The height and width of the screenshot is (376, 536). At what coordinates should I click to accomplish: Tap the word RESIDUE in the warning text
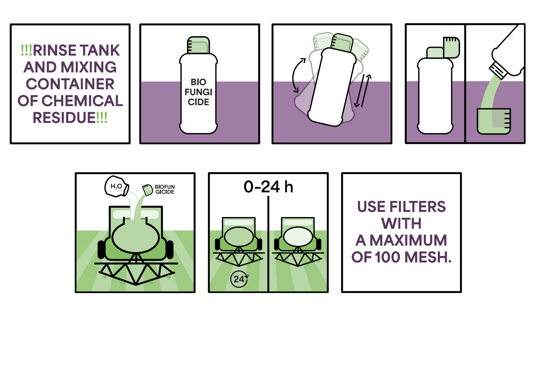tap(64, 118)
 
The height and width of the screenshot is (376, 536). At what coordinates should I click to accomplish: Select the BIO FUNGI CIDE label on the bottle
tap(198, 92)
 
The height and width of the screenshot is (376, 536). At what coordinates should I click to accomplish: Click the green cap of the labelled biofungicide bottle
tap(198, 45)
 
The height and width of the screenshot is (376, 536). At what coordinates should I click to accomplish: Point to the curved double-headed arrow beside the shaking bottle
tap(297, 75)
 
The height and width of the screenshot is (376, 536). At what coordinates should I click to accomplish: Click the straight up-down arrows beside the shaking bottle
tap(363, 91)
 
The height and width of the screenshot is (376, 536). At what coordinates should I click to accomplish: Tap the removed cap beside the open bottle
tap(451, 48)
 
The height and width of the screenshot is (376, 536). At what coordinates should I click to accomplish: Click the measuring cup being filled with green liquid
tap(494, 121)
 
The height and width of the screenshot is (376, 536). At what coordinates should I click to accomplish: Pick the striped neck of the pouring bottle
tap(498, 71)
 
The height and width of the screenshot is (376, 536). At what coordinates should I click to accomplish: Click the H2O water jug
tap(116, 187)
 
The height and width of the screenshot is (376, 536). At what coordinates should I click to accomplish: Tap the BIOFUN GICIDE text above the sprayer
tap(165, 189)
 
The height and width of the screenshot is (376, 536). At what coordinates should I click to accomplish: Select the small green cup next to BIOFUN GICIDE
tap(148, 190)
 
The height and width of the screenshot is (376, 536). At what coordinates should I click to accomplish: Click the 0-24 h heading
tap(268, 187)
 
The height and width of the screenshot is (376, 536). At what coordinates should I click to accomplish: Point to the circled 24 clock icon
tap(239, 279)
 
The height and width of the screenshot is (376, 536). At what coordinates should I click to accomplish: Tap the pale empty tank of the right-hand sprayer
tap(298, 237)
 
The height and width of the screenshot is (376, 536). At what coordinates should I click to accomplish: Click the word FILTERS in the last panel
tap(417, 207)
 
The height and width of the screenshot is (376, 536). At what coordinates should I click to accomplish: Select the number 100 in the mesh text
tap(389, 257)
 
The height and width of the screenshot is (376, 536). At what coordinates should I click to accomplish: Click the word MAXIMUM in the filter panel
tap(408, 241)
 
